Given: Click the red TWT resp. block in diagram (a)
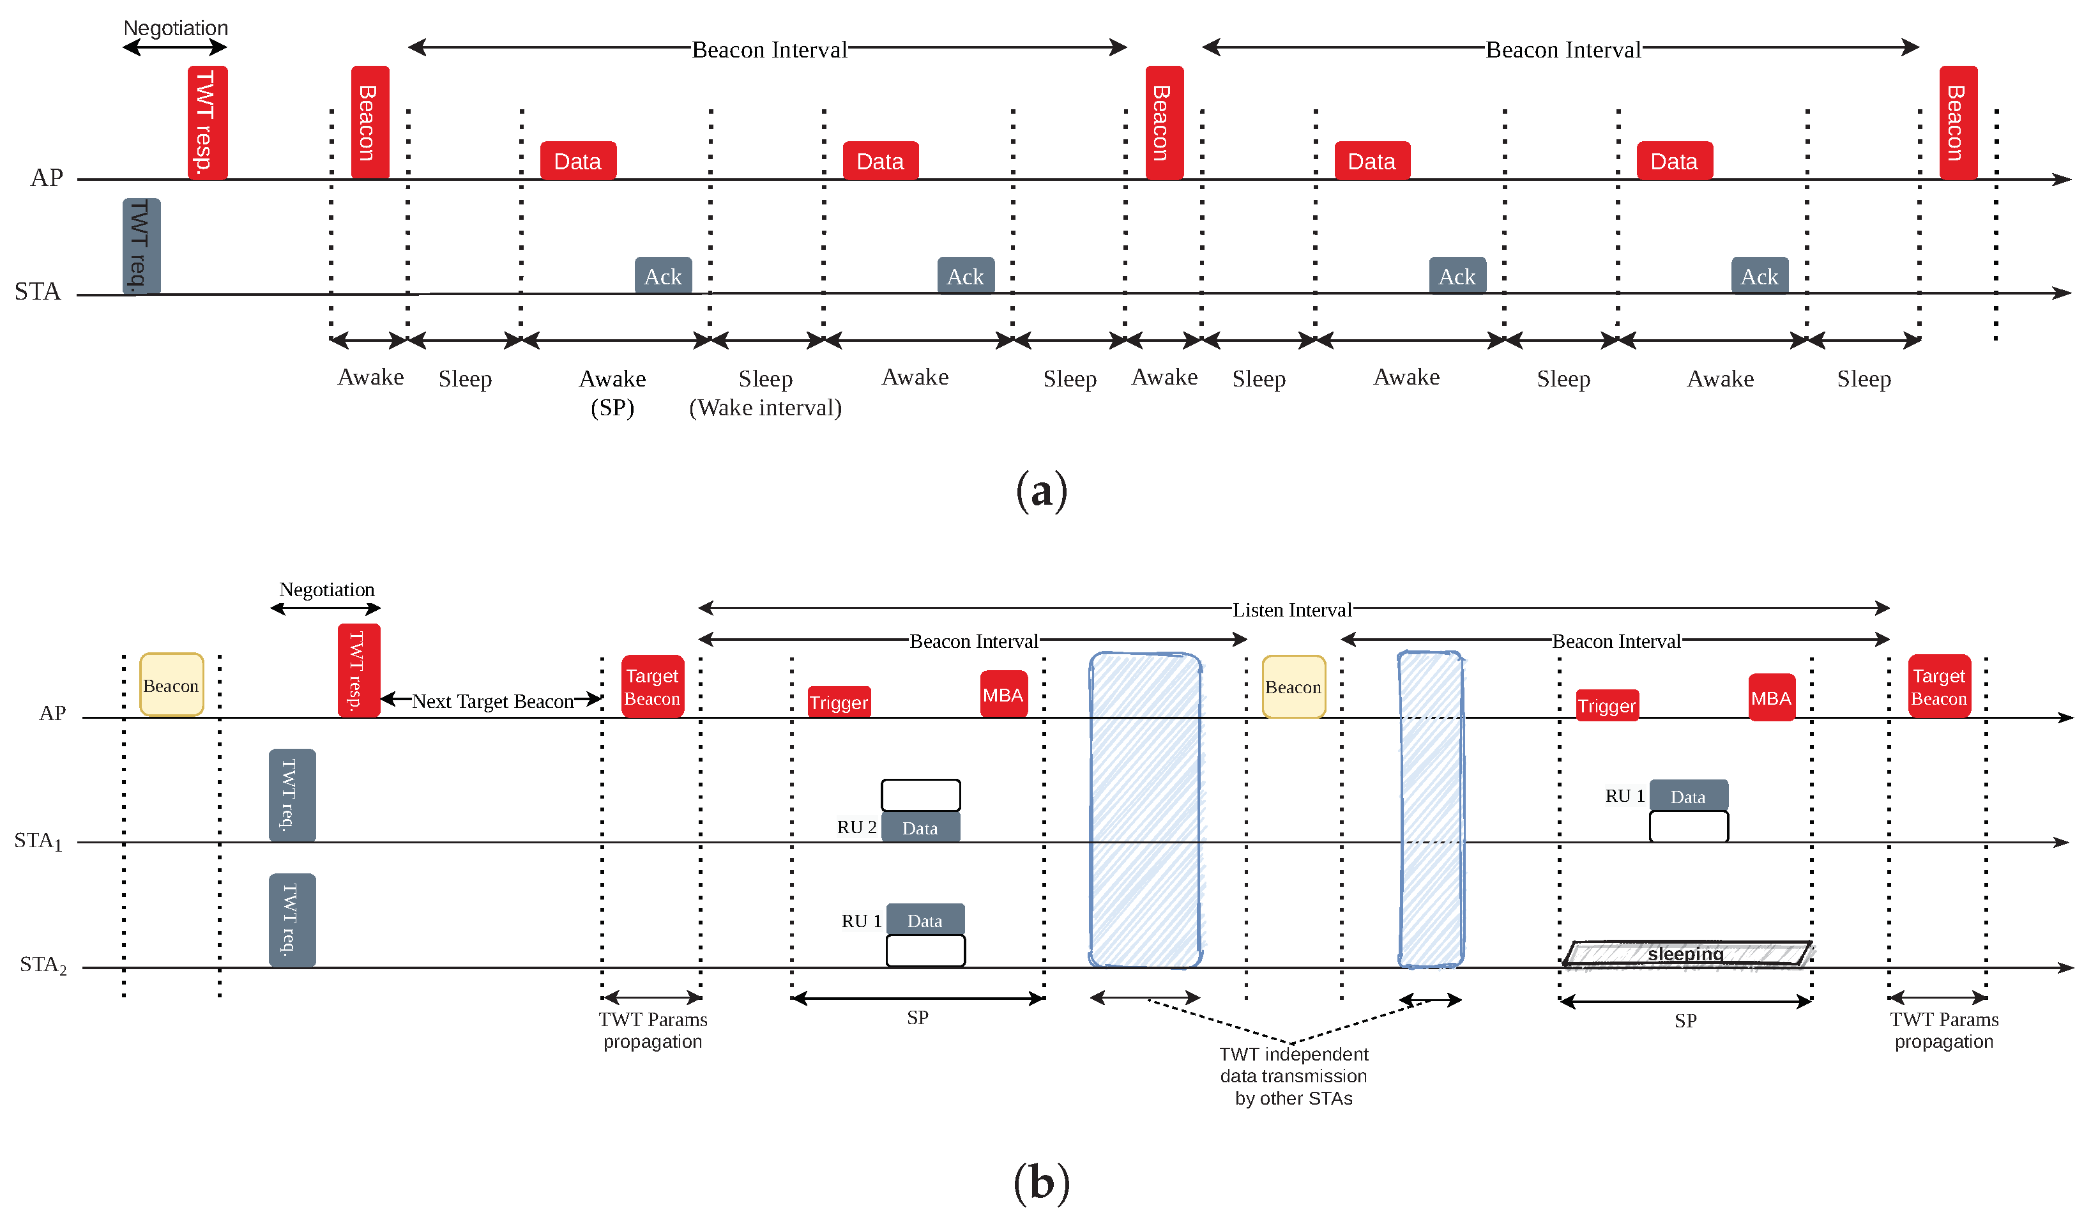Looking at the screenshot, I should tap(208, 122).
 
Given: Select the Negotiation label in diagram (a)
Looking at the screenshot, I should tap(175, 28).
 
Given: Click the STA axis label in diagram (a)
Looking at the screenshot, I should tap(37, 291).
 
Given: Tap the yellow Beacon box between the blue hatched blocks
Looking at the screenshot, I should tap(1293, 686).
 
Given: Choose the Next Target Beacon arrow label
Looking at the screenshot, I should tap(493, 701).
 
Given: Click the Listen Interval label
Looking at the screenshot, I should tap(1291, 610).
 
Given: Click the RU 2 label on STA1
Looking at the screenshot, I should tap(856, 827).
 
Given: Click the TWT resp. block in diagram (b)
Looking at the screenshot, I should tap(358, 670).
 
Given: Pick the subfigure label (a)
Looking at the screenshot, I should tap(1042, 491).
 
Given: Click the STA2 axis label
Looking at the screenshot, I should tap(42, 964).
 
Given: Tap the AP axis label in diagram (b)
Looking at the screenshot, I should tap(52, 713).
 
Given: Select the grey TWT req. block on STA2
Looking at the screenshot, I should tap(292, 919).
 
